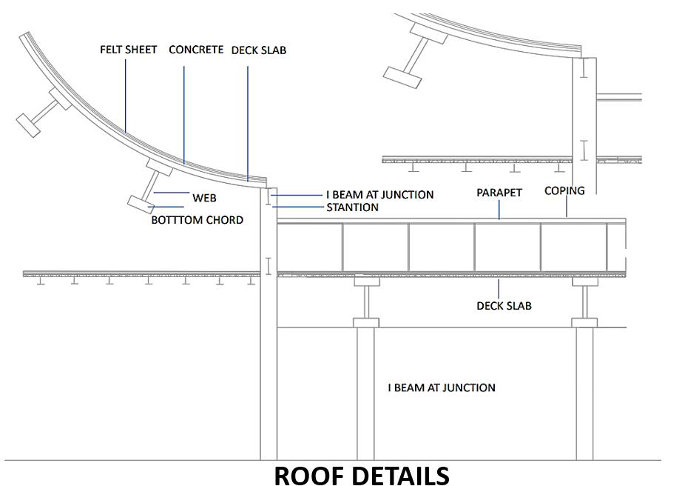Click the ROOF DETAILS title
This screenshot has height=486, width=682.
361,475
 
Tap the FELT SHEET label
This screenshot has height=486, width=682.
129,50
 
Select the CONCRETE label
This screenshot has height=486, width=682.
196,50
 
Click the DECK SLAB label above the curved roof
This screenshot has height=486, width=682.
259,50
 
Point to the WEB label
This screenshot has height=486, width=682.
204,198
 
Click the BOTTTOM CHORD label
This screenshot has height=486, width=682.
197,220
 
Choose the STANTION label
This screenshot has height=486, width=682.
352,207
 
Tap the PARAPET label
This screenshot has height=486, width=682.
499,193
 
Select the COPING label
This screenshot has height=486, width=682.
564,191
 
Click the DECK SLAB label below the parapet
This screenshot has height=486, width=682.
504,305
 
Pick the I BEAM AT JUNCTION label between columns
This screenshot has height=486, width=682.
442,387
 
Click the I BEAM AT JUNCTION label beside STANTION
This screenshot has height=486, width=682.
379,195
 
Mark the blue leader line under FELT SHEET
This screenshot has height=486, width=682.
126,96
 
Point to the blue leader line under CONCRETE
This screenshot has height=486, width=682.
183,111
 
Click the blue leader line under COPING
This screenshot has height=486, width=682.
567,207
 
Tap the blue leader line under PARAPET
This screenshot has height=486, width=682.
499,209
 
